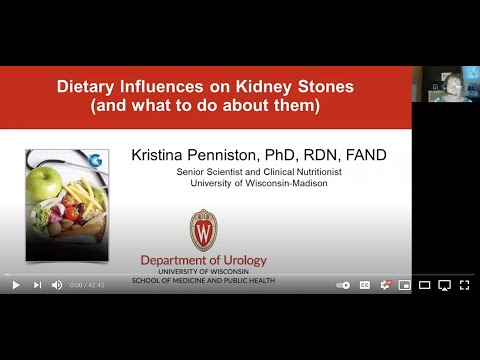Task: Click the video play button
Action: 16,285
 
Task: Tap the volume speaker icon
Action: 56,285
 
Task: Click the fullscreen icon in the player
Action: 464,285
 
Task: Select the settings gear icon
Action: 385,285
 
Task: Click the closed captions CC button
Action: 365,285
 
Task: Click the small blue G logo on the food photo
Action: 95,160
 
